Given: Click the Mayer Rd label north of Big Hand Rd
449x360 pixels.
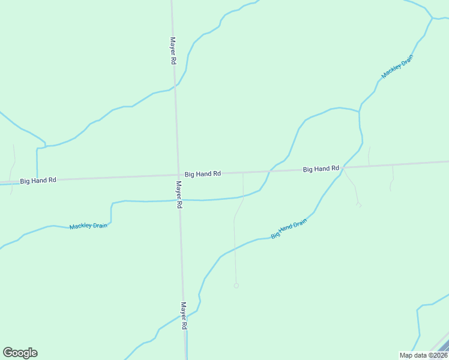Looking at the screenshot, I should coord(172,51).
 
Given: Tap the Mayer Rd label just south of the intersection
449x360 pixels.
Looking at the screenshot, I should coord(179,194).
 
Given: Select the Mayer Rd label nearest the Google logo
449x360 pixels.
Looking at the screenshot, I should coord(185,315).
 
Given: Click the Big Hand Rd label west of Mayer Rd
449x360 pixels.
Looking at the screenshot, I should coord(38,180).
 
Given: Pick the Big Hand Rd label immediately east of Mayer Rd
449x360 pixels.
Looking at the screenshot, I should coord(203,173).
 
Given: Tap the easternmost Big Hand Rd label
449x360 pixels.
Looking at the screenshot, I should coord(321,169).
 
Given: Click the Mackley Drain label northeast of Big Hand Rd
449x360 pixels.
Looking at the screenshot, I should coord(397,67).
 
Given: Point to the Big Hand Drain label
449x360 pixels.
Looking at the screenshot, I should coord(289,229).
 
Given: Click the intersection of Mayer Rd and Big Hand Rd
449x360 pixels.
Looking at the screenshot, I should coord(178,175).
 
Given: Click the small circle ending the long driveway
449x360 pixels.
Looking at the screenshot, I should coord(236,286).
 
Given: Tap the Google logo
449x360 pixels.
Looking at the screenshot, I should coord(20,353).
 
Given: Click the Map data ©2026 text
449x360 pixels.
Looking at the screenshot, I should coord(423,355).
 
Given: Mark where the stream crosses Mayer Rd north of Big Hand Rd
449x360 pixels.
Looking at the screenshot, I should coord(175,86).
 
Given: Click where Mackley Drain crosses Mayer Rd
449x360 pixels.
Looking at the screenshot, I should coord(179,200).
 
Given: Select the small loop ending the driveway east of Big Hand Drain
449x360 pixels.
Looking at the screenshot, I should coord(359,205).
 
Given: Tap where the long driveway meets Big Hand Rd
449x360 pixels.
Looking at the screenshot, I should coord(243,173).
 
